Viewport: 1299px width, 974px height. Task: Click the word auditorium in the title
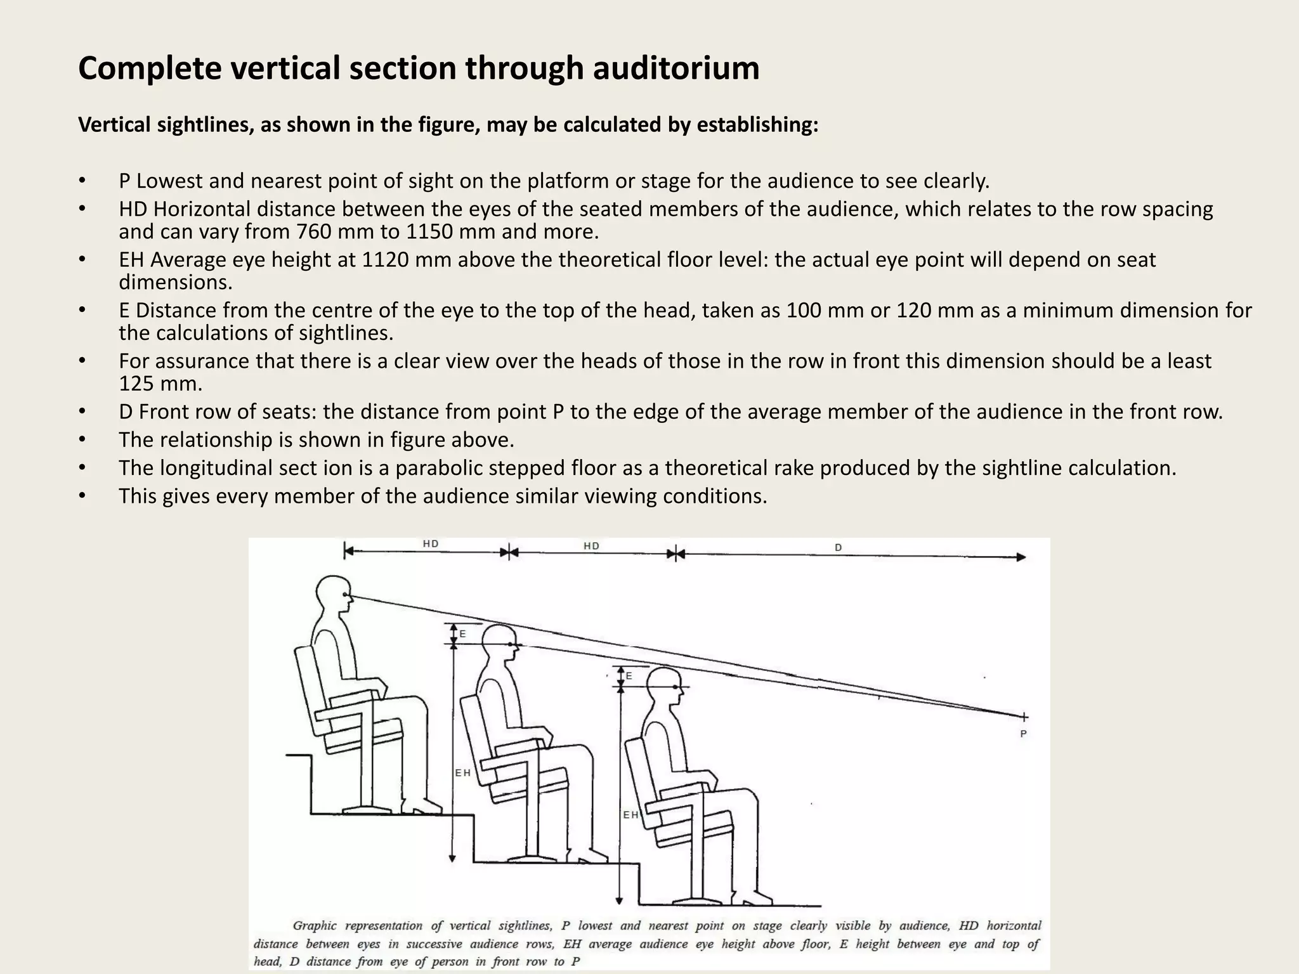tap(676, 68)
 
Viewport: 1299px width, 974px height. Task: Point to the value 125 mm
tap(160, 384)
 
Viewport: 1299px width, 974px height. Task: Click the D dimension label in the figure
tap(838, 547)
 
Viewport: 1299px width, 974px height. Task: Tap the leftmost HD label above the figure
tap(431, 544)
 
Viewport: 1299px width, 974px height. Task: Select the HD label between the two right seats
tap(591, 546)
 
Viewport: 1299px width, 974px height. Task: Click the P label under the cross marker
tap(1023, 734)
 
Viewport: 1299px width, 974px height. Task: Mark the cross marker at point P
tap(1024, 717)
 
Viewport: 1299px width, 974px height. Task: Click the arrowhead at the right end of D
tap(1021, 557)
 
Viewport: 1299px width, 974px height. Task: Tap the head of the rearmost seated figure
tap(334, 594)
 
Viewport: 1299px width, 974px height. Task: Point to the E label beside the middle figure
tap(462, 634)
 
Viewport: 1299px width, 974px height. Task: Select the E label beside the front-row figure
tap(629, 677)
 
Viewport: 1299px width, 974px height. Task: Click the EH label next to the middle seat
tap(462, 773)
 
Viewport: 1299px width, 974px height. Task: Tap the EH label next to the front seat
tap(630, 815)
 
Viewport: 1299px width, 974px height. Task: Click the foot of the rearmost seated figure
tap(422, 807)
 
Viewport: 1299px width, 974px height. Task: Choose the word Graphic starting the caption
tap(315, 926)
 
